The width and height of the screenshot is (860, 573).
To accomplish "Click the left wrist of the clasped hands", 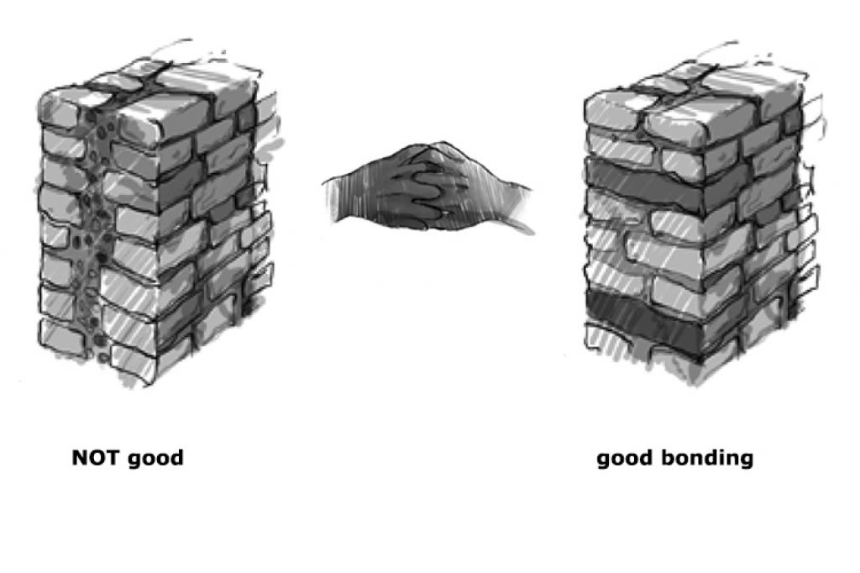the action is pyautogui.click(x=344, y=197).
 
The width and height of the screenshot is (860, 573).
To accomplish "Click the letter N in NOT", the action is pyautogui.click(x=80, y=457).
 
